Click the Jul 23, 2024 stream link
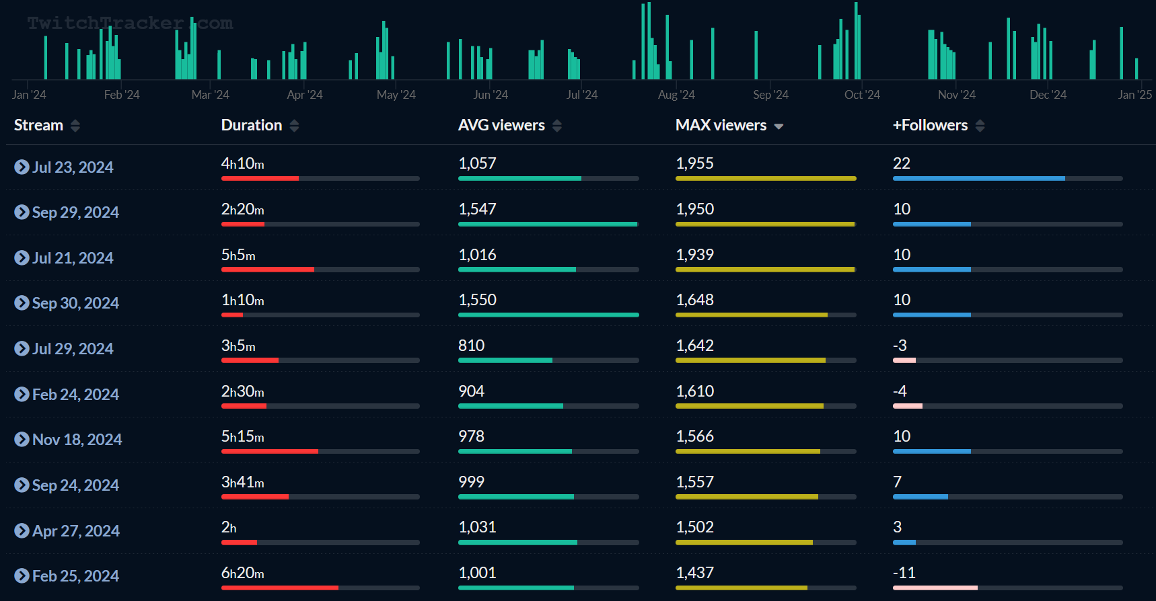point(72,167)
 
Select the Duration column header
point(252,126)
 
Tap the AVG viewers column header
point(501,126)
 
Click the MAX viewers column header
point(721,126)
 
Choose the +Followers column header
point(930,126)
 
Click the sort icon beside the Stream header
point(75,126)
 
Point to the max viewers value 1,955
point(694,164)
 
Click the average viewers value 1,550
point(477,300)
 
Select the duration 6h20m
point(242,573)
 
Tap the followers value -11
point(904,573)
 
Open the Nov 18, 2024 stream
point(77,440)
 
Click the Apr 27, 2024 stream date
point(75,531)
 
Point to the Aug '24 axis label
point(676,95)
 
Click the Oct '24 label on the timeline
point(862,95)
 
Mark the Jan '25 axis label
point(1134,95)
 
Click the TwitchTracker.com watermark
point(130,24)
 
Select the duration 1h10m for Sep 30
point(242,300)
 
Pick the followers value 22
point(901,164)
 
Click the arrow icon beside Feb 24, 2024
point(22,395)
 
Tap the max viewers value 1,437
point(694,573)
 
